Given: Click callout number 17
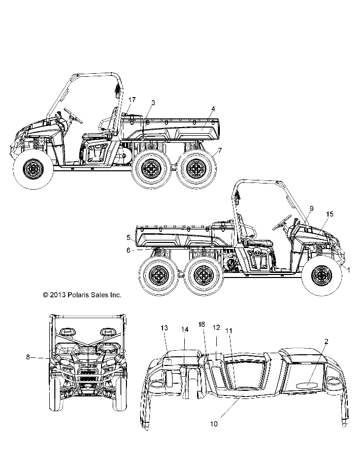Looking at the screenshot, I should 132,99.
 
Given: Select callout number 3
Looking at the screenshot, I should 153,102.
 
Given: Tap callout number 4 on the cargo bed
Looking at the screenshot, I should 213,109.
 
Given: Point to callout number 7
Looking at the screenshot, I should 220,150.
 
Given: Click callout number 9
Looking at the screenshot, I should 311,208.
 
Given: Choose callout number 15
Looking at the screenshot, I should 330,214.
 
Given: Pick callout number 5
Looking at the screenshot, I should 129,237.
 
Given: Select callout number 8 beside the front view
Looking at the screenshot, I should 27,357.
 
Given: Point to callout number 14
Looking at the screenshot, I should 185,329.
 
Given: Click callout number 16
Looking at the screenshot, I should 202,324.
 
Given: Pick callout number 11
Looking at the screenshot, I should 229,330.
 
